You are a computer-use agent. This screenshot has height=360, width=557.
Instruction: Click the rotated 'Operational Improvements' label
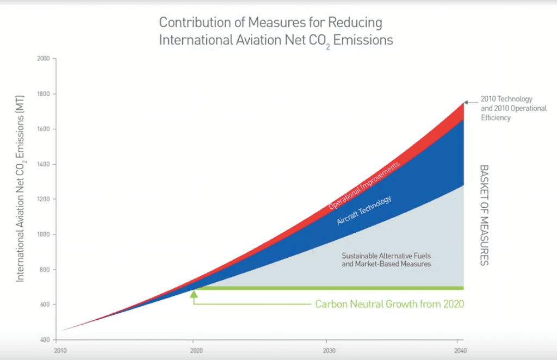tap(364, 185)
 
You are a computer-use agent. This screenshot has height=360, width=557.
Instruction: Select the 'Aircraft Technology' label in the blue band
tap(364, 210)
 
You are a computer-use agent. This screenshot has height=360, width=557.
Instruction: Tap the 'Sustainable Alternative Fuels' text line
tap(386, 256)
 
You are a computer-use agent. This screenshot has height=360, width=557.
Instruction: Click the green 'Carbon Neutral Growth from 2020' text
tap(389, 304)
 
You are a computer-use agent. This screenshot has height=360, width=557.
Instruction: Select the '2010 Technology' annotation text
tap(506, 100)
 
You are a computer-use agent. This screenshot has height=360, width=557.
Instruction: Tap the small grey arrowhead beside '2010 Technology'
tap(467, 101)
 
